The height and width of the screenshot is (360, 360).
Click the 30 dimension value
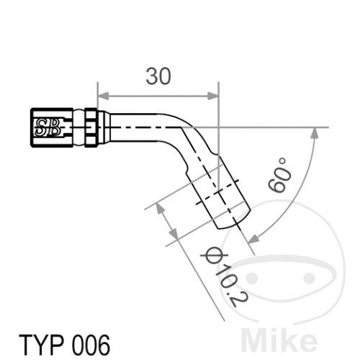point(158,76)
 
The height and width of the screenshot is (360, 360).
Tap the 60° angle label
point(279,174)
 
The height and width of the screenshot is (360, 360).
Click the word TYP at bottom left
point(41,345)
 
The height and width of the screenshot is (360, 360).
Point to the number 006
point(91,345)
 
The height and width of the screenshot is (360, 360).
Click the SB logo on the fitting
point(48,127)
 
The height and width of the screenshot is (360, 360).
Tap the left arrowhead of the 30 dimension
point(103,96)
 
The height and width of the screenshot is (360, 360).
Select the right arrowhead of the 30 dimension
point(213,96)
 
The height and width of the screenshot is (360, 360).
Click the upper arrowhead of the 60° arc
point(315,133)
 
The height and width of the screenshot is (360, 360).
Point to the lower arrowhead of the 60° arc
point(254,238)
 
